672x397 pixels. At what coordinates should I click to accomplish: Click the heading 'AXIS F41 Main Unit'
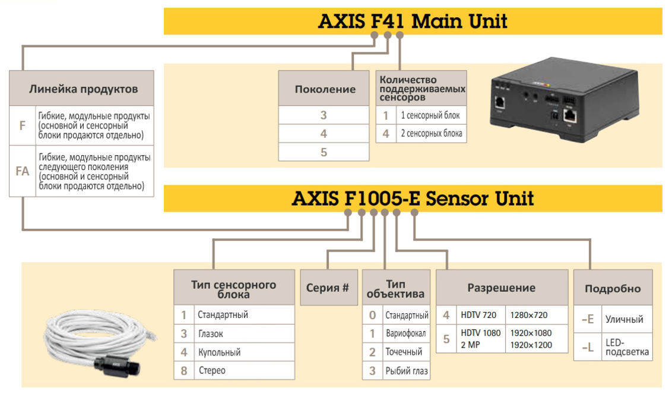pyautogui.click(x=413, y=21)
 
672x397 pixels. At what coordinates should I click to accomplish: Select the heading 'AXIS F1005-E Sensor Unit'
pyautogui.click(x=413, y=198)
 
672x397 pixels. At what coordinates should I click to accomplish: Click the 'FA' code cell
pyautogui.click(x=23, y=171)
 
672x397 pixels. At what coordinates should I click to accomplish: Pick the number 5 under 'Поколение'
pyautogui.click(x=324, y=152)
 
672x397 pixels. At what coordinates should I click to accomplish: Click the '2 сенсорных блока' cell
pyautogui.click(x=431, y=134)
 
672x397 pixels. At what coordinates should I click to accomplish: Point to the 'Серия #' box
pyautogui.click(x=328, y=288)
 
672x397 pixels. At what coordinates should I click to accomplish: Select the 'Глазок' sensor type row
pyautogui.click(x=211, y=333)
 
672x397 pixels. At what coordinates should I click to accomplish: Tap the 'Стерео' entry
pyautogui.click(x=212, y=370)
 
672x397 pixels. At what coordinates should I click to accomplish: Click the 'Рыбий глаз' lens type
pyautogui.click(x=407, y=371)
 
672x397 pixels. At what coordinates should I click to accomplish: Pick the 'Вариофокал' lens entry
pyautogui.click(x=407, y=333)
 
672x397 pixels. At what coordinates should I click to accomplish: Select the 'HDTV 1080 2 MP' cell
pyautogui.click(x=481, y=338)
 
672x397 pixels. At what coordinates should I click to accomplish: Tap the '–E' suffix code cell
pyautogui.click(x=588, y=319)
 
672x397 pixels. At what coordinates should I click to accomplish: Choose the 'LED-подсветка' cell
pyautogui.click(x=627, y=347)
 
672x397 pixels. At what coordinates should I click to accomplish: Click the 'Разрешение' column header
pyautogui.click(x=501, y=288)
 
